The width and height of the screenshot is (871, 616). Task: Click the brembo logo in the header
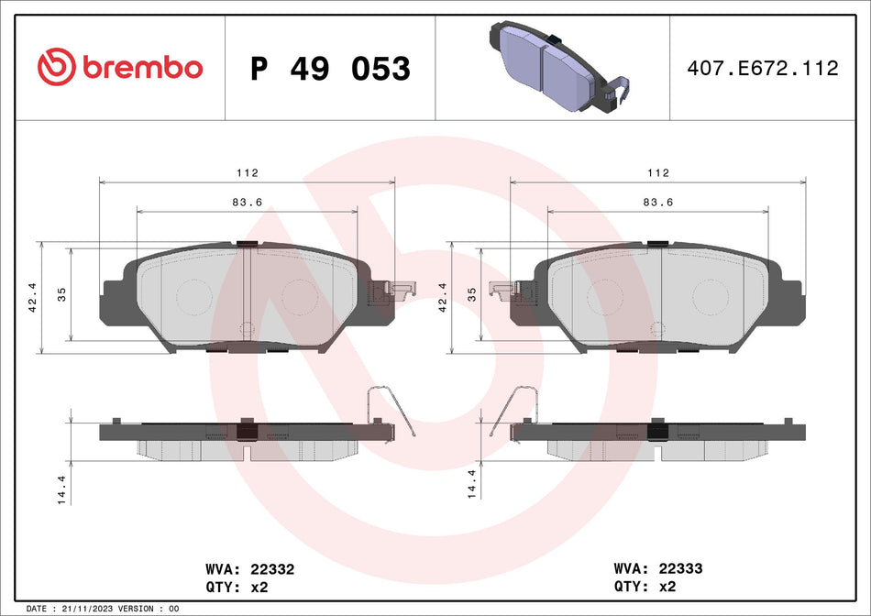(x=120, y=67)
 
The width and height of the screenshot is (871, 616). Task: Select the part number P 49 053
(x=330, y=69)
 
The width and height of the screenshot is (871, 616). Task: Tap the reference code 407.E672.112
(x=763, y=69)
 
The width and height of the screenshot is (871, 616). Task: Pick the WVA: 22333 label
(x=656, y=569)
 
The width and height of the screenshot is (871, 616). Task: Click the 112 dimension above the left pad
(x=247, y=172)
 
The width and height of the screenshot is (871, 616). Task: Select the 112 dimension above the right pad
(x=657, y=172)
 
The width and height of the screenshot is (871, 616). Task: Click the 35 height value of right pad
(x=472, y=293)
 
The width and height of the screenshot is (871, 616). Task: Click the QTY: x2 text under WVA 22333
(x=648, y=587)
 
